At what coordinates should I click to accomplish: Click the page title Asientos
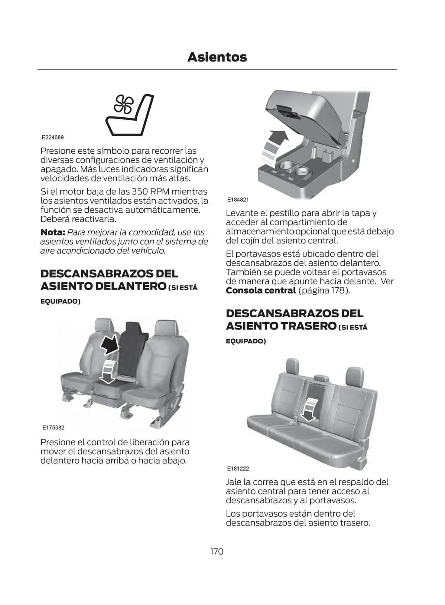(217, 57)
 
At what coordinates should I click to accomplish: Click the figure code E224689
(53, 137)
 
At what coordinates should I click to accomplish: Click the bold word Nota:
(53, 232)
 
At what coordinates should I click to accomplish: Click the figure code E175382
(53, 427)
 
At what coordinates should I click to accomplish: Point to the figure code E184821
(238, 200)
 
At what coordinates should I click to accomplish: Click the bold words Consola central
(261, 290)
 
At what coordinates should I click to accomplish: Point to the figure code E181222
(238, 469)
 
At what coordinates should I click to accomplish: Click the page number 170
(217, 551)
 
